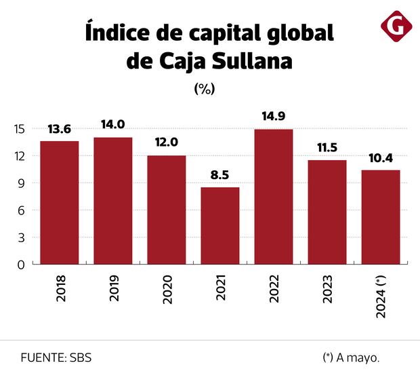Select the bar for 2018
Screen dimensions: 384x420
coord(60,202)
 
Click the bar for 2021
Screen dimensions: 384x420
coord(220,225)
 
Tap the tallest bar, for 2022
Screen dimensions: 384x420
coord(274,196)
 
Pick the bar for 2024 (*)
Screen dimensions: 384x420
coord(381,216)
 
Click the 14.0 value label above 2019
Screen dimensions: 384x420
coord(113,124)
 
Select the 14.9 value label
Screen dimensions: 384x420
coord(274,116)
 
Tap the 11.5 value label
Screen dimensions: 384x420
coord(327,147)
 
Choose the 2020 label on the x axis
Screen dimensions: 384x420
coord(167,290)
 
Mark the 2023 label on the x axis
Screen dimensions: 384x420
coord(327,290)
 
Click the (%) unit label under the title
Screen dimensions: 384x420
coord(204,89)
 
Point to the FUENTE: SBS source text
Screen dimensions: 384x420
coord(56,358)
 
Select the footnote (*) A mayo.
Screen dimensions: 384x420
coord(351,358)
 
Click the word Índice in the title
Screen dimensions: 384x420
coord(119,32)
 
